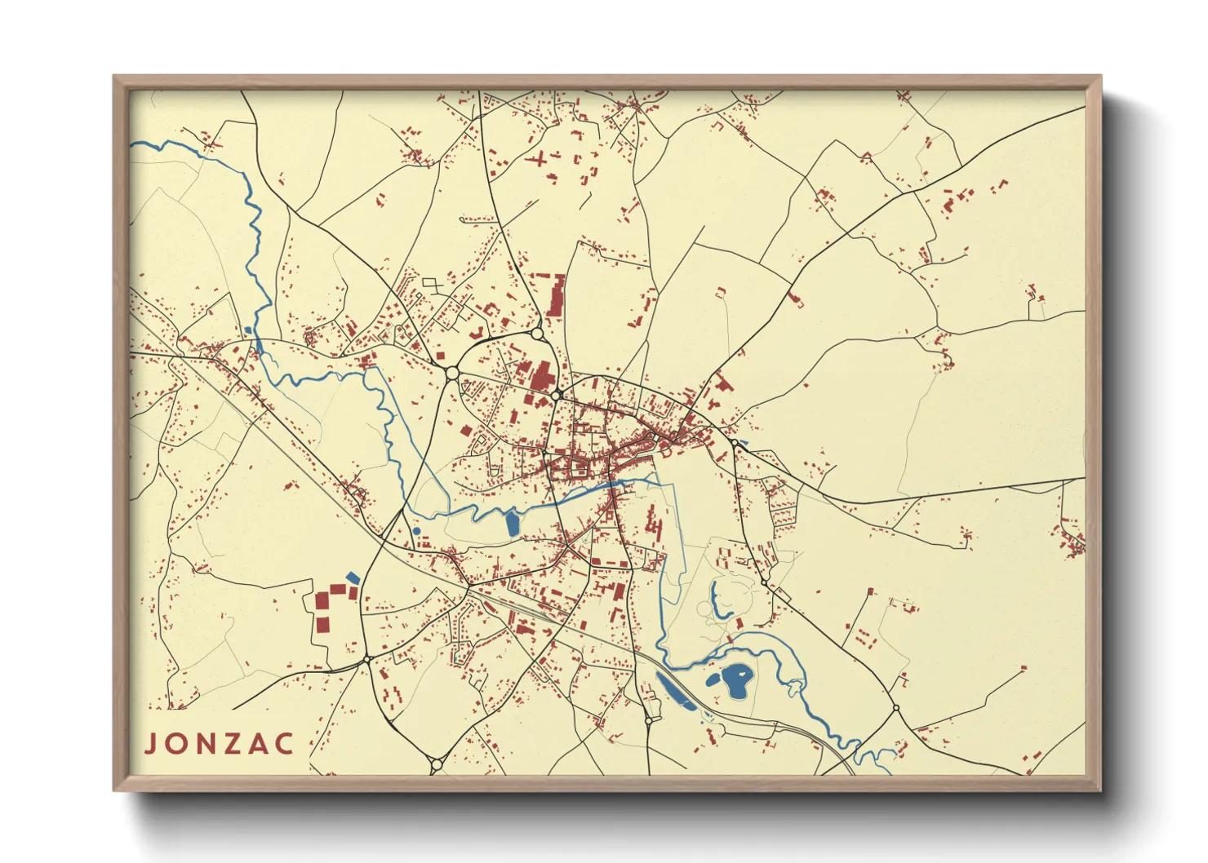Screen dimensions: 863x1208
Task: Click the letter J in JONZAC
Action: click(x=151, y=744)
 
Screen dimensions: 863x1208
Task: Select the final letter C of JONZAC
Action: click(x=284, y=744)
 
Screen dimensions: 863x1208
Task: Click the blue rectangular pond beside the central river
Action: click(x=513, y=523)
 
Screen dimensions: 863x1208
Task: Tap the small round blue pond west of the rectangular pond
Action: click(x=416, y=531)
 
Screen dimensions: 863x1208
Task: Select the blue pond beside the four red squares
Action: click(x=353, y=578)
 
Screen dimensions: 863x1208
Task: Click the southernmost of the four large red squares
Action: click(x=322, y=625)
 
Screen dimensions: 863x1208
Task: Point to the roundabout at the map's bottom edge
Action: click(x=435, y=764)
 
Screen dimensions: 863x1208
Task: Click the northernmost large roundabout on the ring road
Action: click(x=536, y=334)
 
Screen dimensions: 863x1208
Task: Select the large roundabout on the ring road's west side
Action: click(x=451, y=373)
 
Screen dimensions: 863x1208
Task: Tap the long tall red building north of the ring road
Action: click(x=557, y=296)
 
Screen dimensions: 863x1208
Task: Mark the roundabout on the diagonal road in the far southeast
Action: click(x=895, y=708)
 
